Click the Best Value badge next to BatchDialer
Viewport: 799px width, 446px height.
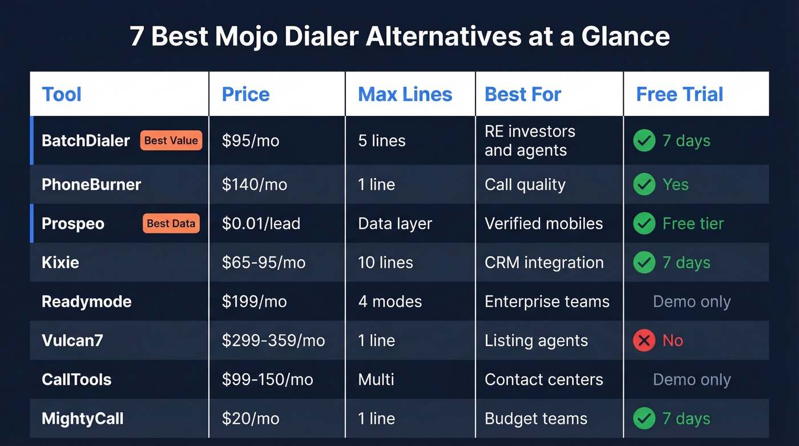coord(171,140)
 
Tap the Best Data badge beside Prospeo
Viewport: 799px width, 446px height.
coord(171,224)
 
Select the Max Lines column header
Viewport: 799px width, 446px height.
coord(405,94)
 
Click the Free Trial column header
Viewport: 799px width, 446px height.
coord(679,94)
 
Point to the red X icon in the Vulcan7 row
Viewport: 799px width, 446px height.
coord(644,341)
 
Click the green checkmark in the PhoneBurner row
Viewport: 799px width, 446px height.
coord(644,184)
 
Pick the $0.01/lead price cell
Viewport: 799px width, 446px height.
coord(261,224)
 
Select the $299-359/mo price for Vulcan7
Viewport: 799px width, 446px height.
coord(273,341)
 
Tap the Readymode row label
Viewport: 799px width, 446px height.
coord(87,302)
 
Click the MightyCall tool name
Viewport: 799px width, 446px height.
coord(83,419)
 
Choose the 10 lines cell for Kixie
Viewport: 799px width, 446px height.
coord(385,263)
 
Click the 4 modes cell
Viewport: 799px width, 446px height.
coord(390,302)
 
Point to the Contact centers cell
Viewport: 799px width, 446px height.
coord(543,380)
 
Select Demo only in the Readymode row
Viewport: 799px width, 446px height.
coord(692,302)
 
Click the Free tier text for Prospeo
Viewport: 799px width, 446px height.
coord(693,224)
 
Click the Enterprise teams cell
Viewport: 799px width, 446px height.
coord(547,302)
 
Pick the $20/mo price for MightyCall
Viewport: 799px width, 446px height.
coord(251,419)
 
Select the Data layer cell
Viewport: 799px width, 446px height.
coord(395,224)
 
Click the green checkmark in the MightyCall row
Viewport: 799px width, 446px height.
coord(644,419)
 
